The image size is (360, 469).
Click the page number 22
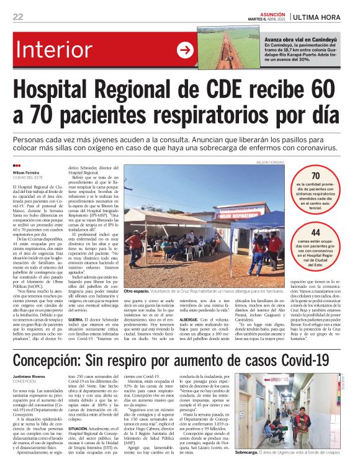click(x=18, y=17)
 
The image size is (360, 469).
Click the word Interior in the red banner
click(x=68, y=50)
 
